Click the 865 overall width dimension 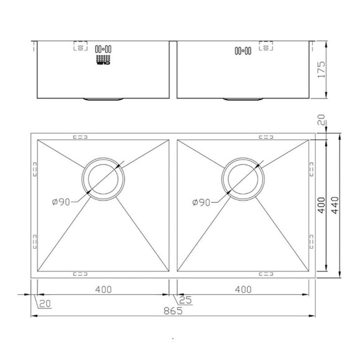click(x=173, y=311)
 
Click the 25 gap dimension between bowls click(x=184, y=300)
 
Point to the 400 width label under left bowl click(x=104, y=289)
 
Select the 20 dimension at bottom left click(x=45, y=303)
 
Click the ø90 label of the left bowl click(x=62, y=202)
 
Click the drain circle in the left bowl click(x=103, y=178)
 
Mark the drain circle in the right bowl click(x=243, y=178)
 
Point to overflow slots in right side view click(x=241, y=50)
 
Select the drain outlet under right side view click(x=244, y=98)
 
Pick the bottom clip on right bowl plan click(x=267, y=272)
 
